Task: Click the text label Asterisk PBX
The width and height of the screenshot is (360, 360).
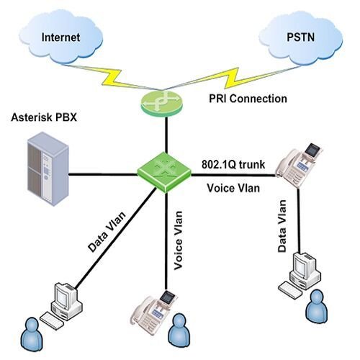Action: (x=46, y=117)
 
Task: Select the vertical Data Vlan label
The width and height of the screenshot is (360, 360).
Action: (x=282, y=228)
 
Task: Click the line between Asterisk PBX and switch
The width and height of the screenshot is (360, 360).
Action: (x=104, y=174)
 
